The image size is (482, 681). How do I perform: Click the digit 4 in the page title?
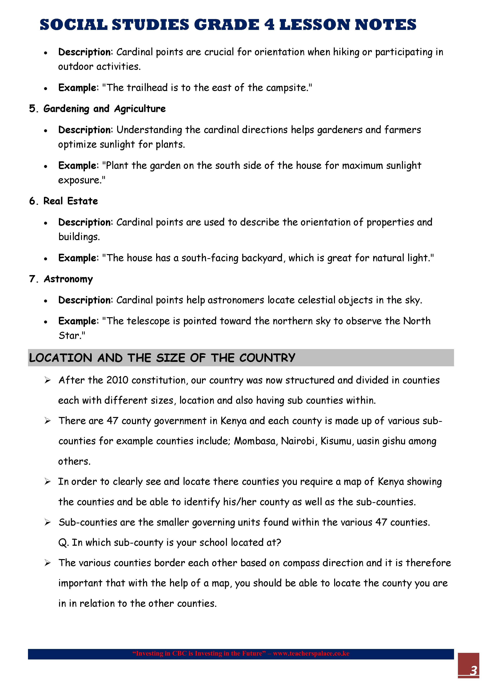coord(269,25)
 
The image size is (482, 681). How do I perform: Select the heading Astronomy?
coord(68,279)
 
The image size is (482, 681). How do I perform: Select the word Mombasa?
coord(255,441)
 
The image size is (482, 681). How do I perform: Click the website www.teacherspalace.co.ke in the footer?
coord(311,653)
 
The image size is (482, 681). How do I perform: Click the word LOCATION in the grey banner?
coord(61,358)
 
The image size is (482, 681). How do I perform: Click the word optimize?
coord(77,144)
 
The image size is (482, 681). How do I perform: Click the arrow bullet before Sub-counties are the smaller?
coord(47,522)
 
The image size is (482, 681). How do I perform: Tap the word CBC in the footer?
coord(179,653)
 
